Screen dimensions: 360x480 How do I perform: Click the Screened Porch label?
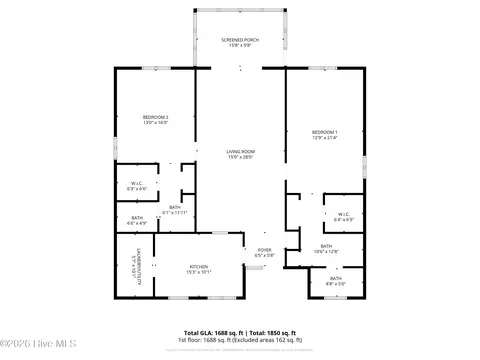(x=240, y=39)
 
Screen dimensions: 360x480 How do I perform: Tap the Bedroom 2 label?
(x=155, y=117)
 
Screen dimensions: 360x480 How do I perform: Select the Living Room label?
(x=240, y=151)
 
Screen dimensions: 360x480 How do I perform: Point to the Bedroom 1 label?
(x=324, y=132)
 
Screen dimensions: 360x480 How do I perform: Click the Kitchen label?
(x=199, y=266)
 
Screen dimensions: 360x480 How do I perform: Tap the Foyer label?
(x=264, y=250)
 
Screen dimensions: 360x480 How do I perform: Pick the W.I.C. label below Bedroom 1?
(x=342, y=213)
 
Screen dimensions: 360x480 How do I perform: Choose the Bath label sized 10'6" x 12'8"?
(x=326, y=246)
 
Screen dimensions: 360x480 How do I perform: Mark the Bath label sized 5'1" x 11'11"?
(x=175, y=207)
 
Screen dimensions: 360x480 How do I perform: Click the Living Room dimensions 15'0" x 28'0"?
(x=240, y=157)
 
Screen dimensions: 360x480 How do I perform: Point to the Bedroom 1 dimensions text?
(x=324, y=138)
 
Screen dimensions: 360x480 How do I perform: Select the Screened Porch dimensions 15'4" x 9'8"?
(x=240, y=45)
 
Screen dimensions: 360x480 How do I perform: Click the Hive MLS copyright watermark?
(x=30, y=349)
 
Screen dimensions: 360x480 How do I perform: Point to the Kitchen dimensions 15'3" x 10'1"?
(x=199, y=272)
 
